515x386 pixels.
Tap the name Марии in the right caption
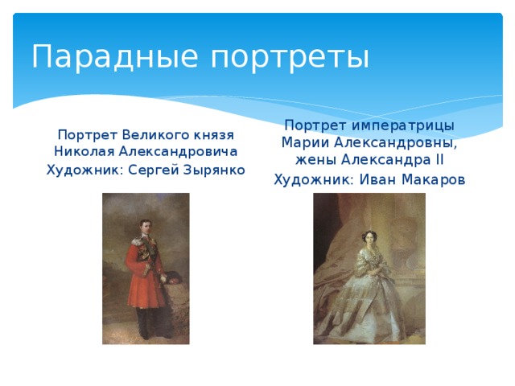pos(304,143)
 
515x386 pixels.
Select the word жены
pos(301,160)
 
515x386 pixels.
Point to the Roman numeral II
pos(439,160)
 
